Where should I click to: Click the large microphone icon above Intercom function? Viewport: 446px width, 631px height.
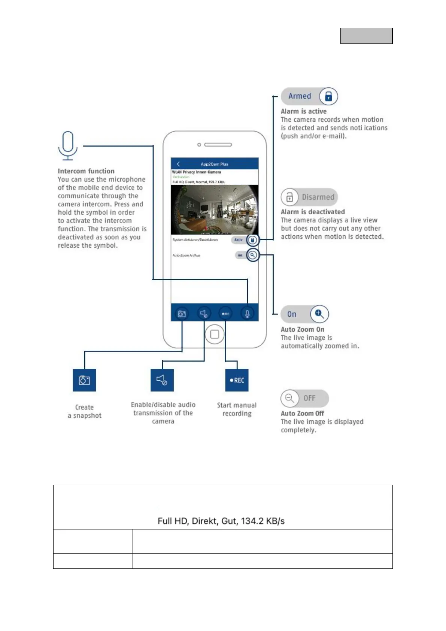(x=68, y=145)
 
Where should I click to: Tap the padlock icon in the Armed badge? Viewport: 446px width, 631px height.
(x=328, y=96)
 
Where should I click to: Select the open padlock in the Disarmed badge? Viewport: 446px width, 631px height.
(x=289, y=197)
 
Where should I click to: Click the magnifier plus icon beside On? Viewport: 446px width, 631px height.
(x=319, y=314)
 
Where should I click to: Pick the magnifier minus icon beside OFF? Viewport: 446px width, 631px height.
(x=289, y=398)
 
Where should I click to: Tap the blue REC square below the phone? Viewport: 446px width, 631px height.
(x=237, y=380)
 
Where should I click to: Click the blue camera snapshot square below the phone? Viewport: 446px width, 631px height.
(x=84, y=380)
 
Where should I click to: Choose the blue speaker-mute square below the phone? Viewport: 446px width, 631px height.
(x=162, y=380)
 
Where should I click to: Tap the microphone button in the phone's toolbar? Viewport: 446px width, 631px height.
(x=247, y=313)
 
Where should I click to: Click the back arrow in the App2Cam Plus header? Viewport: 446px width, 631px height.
(x=178, y=164)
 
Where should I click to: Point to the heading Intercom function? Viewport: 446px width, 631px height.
(x=86, y=171)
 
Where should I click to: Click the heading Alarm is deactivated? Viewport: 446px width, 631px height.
(x=313, y=212)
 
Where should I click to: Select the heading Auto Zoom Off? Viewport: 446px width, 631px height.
(x=302, y=413)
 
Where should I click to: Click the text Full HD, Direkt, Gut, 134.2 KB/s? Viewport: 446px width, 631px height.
(x=221, y=521)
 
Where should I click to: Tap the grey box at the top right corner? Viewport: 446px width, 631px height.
(x=366, y=36)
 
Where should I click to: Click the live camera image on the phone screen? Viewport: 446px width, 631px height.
(x=215, y=209)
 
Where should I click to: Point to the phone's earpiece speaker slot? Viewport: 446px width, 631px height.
(x=218, y=145)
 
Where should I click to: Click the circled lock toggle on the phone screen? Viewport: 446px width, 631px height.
(x=253, y=240)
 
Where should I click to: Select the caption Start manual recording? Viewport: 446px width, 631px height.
(x=237, y=409)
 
